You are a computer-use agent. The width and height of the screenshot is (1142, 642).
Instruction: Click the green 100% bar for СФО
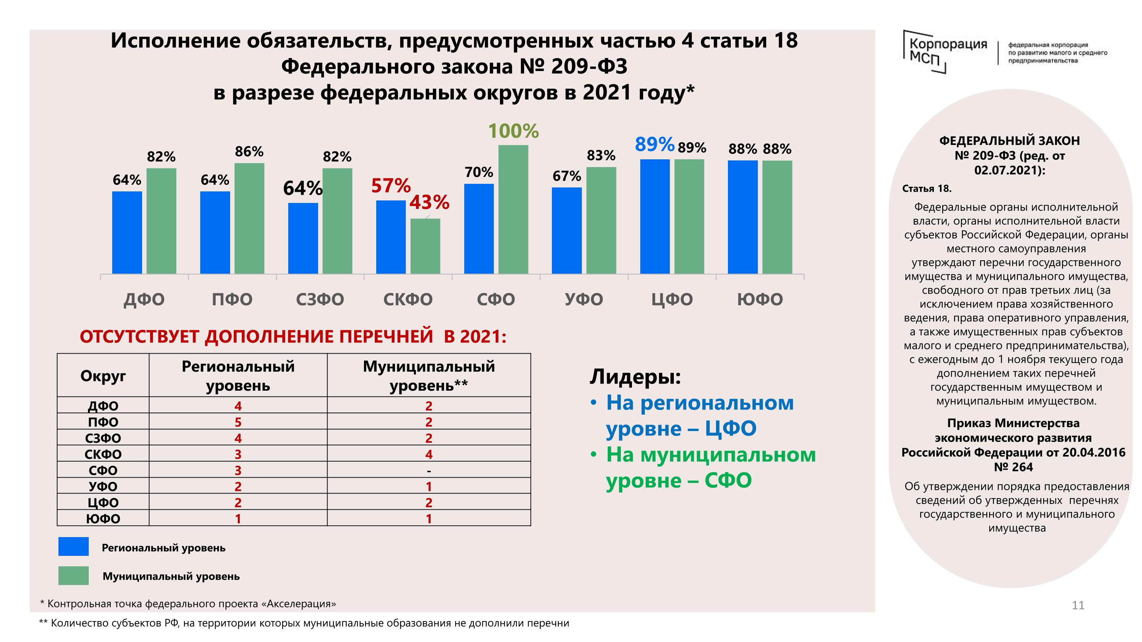[x=513, y=209]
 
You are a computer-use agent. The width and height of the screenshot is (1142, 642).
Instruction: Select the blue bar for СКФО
[x=391, y=237]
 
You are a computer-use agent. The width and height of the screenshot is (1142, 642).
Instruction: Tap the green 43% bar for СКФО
[x=425, y=246]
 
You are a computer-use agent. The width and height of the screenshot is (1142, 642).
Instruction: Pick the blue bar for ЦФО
[x=654, y=216]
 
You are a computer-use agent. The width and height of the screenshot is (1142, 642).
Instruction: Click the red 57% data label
[x=391, y=186]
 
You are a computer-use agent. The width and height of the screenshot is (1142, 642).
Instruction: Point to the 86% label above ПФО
[x=249, y=152]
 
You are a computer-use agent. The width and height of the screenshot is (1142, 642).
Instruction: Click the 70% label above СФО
[x=478, y=172]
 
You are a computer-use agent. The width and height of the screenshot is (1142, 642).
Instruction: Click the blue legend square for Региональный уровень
[x=74, y=546]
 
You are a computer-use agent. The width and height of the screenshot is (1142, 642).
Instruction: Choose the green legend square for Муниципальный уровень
[x=74, y=576]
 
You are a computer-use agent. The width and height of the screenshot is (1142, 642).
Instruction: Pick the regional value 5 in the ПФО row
[x=238, y=422]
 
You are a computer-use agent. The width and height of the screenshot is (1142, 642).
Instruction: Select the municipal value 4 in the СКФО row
[x=429, y=454]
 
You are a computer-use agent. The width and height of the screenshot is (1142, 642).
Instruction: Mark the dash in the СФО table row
[x=429, y=470]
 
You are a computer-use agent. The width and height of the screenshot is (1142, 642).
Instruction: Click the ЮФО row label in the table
[x=103, y=518]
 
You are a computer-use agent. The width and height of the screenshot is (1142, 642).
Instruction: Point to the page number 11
[x=1078, y=605]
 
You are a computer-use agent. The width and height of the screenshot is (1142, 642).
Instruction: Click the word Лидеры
[x=635, y=377]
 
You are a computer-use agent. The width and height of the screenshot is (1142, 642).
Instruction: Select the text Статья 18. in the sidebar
[x=927, y=189]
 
